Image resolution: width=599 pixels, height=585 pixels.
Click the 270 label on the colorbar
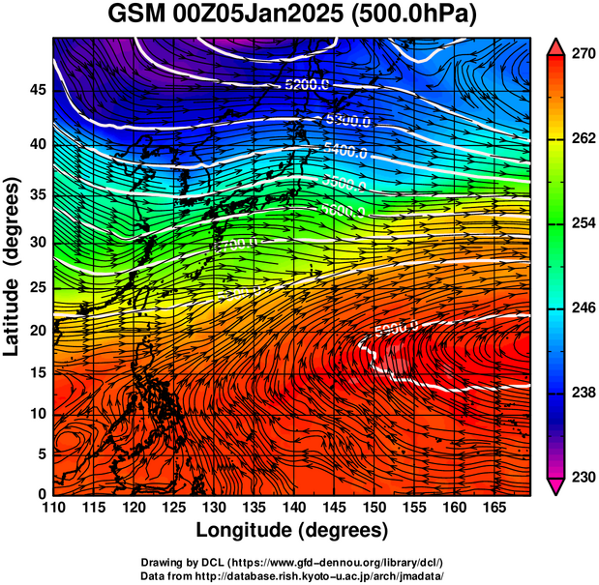(581, 55)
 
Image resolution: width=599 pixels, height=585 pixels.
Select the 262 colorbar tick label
(581, 139)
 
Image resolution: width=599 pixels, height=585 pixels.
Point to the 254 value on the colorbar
(581, 223)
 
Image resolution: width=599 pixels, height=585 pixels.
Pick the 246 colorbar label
(581, 308)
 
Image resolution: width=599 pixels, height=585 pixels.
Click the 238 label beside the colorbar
(581, 393)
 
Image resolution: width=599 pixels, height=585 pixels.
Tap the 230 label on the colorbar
(581, 477)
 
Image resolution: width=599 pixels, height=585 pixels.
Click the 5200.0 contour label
(307, 85)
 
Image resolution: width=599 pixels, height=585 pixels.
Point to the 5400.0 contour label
(345, 152)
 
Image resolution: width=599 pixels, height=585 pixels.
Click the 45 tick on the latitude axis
(38, 90)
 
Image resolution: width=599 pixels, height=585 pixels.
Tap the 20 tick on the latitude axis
(38, 330)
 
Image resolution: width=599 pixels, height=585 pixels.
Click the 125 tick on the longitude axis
(172, 509)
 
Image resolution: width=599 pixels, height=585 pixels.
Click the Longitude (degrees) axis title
(292, 530)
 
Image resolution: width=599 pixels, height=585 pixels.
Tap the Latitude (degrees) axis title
(14, 266)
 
